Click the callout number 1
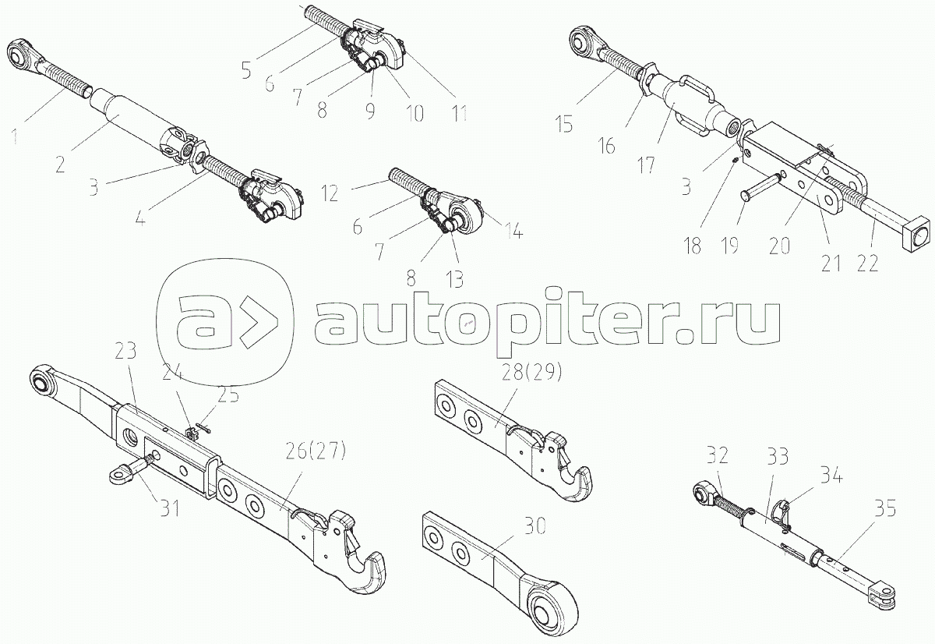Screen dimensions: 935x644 (x=15, y=137)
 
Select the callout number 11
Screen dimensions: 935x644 (x=459, y=113)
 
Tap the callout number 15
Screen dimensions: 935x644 (x=564, y=124)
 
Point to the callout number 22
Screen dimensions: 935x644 (x=867, y=264)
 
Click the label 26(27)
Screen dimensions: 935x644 (x=316, y=451)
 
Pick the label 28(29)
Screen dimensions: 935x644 (x=531, y=373)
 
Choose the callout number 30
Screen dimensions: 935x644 (x=535, y=528)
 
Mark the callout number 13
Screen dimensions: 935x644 (x=454, y=278)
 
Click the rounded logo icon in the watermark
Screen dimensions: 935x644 (x=225, y=322)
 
